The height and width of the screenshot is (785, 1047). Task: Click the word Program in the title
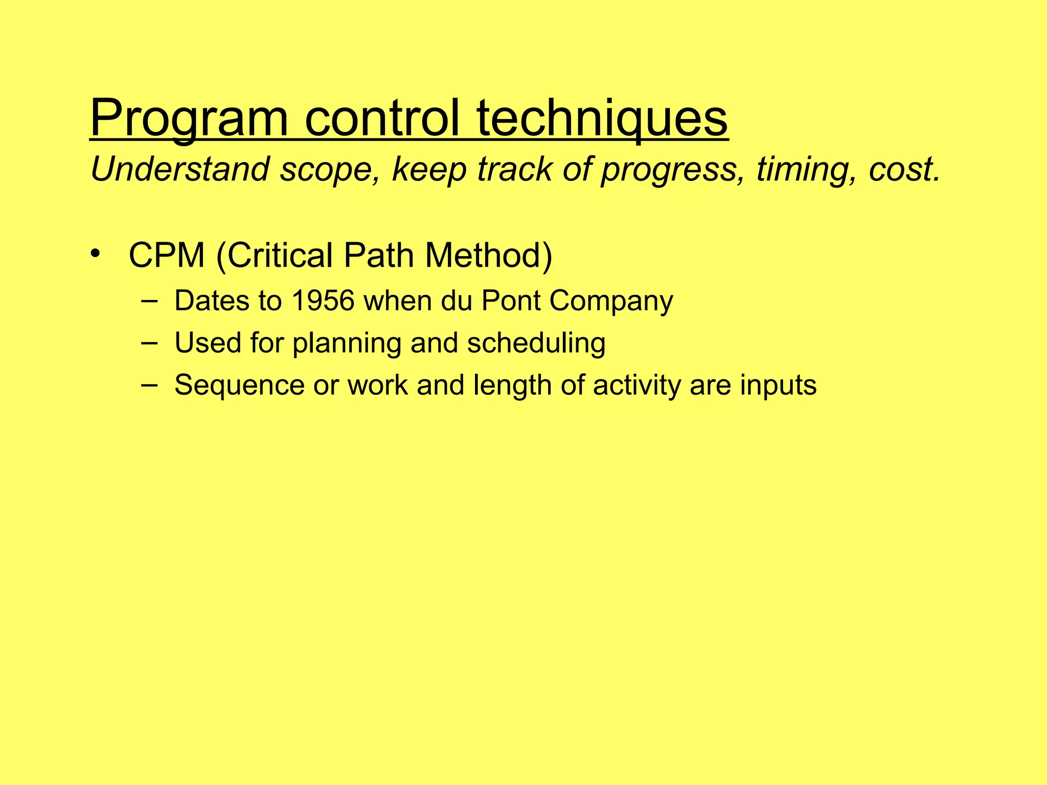[x=189, y=119]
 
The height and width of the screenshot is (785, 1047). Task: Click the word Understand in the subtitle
[x=179, y=169]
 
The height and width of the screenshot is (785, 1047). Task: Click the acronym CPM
[x=167, y=255]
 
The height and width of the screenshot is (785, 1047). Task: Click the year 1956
[x=323, y=301]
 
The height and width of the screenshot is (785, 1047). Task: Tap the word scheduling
[x=536, y=343]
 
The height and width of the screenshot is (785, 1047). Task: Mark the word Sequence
[x=239, y=385]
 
